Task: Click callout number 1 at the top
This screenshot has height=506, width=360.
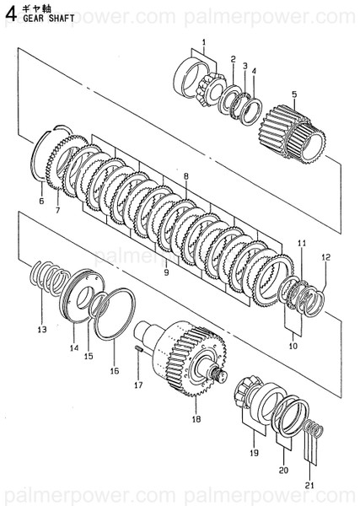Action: [204, 42]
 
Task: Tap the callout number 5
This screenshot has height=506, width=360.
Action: [294, 94]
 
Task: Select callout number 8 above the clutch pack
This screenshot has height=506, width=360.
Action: [186, 176]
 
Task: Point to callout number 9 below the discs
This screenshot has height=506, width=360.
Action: [166, 272]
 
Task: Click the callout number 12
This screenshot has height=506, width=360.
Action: [325, 257]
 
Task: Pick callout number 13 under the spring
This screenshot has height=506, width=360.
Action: [42, 330]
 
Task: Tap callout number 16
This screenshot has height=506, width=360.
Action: [115, 371]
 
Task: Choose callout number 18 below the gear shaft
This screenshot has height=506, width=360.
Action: [196, 419]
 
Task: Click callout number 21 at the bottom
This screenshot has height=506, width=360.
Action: [309, 485]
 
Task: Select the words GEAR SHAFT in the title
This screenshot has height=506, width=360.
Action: [49, 18]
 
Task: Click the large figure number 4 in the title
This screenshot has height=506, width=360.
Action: [11, 14]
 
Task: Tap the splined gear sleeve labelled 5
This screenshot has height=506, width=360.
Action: [292, 134]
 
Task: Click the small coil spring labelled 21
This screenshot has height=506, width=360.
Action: [314, 428]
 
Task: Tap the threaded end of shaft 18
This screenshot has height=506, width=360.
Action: [221, 376]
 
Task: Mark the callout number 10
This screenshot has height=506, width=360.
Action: [293, 346]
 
